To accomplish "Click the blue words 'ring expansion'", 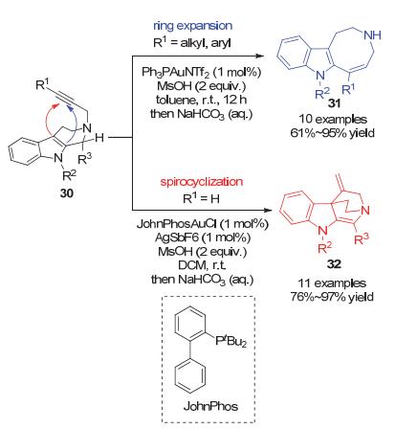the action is [x=193, y=26].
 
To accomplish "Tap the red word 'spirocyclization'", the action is [x=202, y=182].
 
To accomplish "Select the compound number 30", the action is [x=67, y=192].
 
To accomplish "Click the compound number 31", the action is [x=335, y=103].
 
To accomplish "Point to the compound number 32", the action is [x=334, y=264].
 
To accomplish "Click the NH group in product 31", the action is [x=372, y=34].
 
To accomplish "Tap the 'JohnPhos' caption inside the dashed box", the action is [x=210, y=406].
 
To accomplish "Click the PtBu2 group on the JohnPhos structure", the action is [x=231, y=341].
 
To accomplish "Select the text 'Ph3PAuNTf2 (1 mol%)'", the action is [x=202, y=73].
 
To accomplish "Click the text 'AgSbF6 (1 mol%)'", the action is [x=203, y=237].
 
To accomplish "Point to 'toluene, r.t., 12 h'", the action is [x=201, y=100].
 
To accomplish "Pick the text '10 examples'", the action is [x=333, y=120].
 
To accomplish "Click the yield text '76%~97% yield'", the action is [x=332, y=297].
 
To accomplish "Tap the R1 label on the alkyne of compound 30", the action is [x=43, y=84].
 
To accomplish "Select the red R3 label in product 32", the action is [x=362, y=238].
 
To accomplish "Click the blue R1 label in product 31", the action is [x=348, y=89].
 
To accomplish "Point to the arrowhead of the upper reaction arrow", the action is [x=260, y=56].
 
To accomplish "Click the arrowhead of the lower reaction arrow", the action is [x=268, y=211].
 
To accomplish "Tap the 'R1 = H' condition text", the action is [x=202, y=199].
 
